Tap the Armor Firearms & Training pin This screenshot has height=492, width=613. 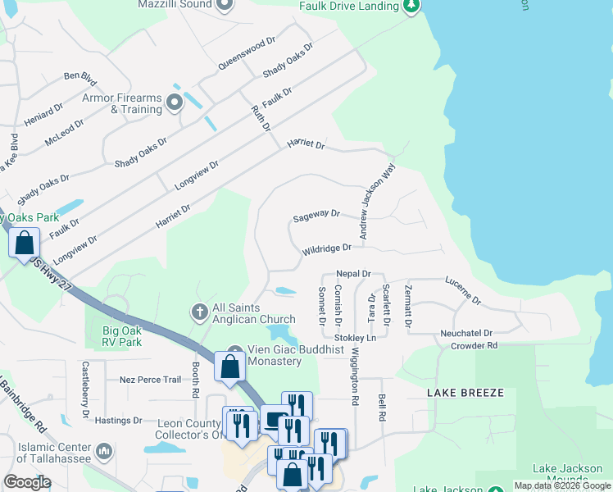(174, 102)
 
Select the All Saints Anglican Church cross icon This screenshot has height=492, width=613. (198, 312)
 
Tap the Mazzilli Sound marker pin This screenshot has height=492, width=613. (226, 4)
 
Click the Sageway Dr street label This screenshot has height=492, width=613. (316, 216)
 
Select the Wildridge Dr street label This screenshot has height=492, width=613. (326, 248)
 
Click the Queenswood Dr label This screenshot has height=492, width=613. (247, 53)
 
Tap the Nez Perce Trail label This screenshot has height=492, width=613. (150, 380)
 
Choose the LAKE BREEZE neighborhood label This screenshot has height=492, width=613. (465, 393)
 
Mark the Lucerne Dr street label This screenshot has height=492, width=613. (463, 290)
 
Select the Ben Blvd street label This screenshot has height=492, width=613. (80, 77)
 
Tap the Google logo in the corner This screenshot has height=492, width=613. (26, 482)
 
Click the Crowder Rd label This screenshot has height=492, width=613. (475, 346)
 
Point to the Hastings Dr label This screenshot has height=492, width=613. (119, 421)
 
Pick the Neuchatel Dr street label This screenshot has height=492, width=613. (465, 334)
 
